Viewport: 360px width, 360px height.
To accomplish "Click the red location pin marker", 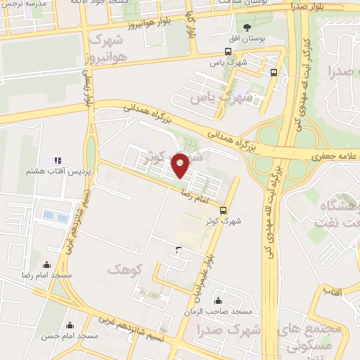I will coord(181,165).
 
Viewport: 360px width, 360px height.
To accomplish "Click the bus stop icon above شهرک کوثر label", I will coord(224,210).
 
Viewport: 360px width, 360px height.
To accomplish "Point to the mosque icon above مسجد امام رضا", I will coord(46,265).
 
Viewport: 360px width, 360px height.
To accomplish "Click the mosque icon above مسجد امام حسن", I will coord(70,326).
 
